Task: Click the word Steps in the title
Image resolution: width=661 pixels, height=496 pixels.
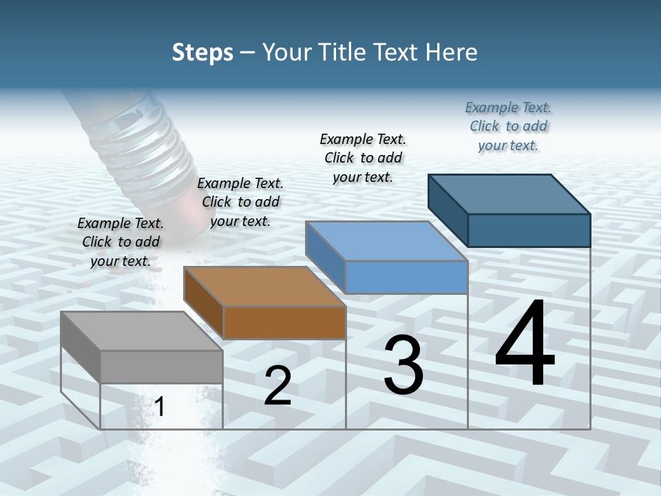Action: click(202, 52)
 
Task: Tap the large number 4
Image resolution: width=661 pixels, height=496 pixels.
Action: click(525, 345)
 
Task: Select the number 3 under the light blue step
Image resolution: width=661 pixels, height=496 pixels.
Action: click(403, 366)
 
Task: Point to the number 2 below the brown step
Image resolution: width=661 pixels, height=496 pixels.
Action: click(277, 386)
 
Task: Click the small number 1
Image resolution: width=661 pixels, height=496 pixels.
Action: click(160, 406)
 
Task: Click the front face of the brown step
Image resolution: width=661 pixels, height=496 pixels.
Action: click(284, 322)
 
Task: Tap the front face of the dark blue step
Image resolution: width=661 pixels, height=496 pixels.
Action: click(529, 230)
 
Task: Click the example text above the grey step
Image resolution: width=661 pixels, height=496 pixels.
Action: click(120, 242)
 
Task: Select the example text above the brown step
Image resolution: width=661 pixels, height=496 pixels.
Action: click(240, 202)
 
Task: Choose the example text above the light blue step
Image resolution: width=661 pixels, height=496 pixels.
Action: click(363, 158)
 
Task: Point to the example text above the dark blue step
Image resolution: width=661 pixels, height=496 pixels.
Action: click(508, 126)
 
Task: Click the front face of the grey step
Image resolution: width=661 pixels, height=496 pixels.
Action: click(161, 366)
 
